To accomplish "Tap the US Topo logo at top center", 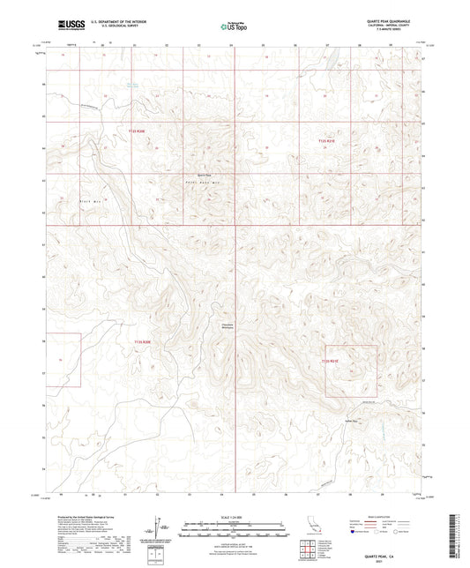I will pos(235,27).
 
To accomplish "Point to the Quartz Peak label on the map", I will pos(205,174).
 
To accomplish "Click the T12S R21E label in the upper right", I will pos(326,140).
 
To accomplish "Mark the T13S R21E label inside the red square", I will pos(330,360).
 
